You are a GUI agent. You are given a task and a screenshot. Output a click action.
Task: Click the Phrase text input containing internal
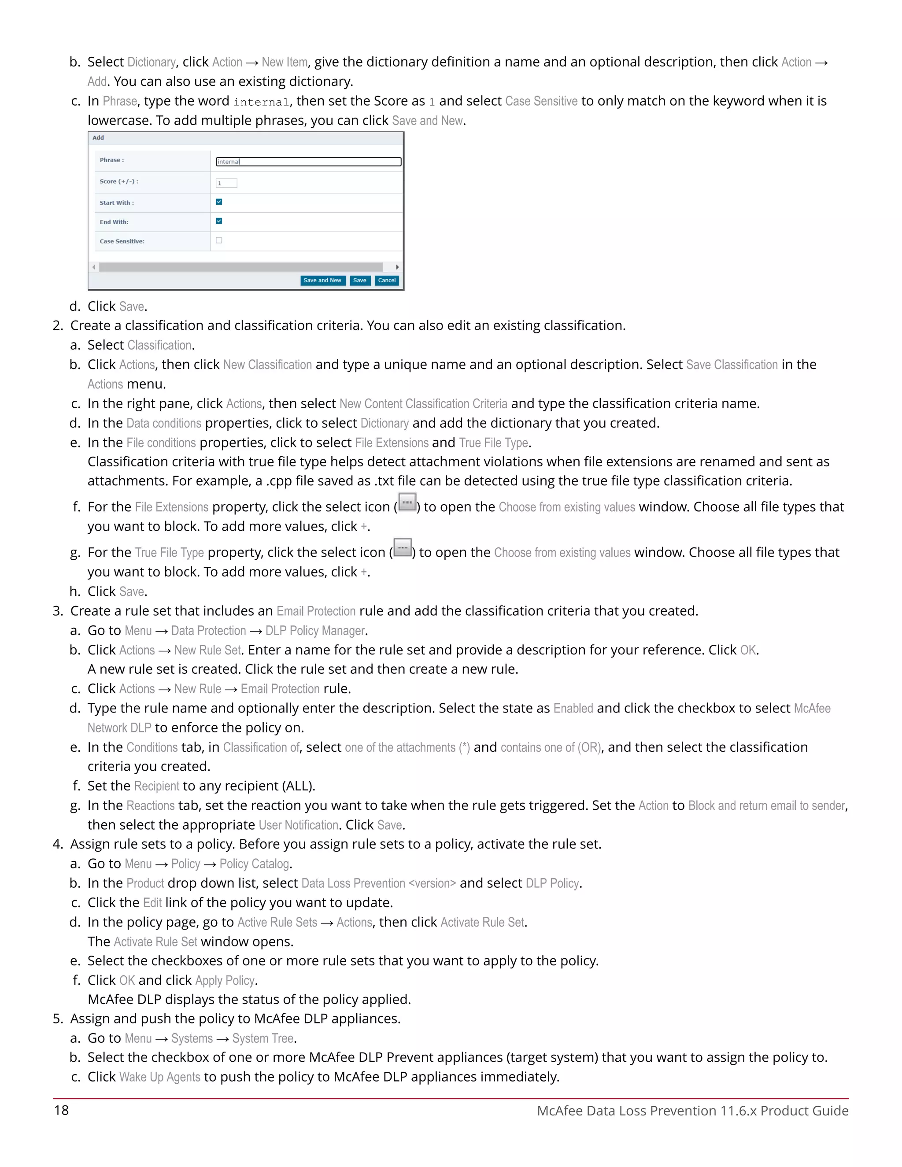[308, 161]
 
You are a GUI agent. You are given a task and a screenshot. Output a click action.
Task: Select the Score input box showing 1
[226, 183]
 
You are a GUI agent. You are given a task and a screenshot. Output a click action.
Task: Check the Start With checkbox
[219, 202]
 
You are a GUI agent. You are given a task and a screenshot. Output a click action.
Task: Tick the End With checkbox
[219, 221]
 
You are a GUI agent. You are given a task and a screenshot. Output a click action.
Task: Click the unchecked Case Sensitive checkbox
[219, 240]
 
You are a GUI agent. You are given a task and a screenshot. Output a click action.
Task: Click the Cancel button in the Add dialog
[387, 281]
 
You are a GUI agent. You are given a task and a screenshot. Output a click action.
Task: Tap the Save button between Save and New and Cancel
[360, 281]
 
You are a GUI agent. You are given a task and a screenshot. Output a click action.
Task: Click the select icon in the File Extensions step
[407, 503]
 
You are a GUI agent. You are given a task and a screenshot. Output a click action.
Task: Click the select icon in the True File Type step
[403, 548]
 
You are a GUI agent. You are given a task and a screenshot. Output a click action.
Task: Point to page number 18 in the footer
[62, 1110]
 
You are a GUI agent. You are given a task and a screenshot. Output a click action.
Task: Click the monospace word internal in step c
[261, 102]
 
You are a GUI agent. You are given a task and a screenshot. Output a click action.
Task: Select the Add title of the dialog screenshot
[98, 138]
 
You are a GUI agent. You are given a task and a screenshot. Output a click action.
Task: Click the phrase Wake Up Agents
[160, 1077]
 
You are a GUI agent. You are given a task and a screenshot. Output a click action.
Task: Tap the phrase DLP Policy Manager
[315, 631]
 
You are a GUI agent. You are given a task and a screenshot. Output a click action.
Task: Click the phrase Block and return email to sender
[767, 805]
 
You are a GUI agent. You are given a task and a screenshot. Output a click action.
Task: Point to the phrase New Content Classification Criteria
[423, 403]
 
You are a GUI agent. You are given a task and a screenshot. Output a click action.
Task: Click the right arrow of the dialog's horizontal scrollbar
[397, 266]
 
